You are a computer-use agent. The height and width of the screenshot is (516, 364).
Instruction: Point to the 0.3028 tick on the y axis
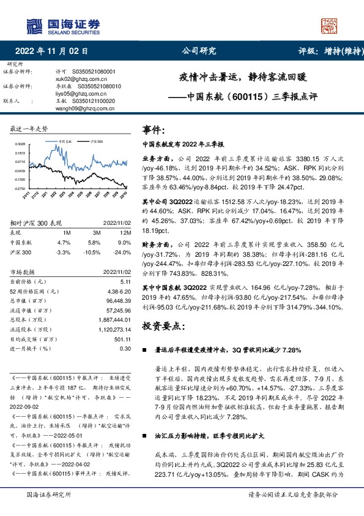click(x=21, y=145)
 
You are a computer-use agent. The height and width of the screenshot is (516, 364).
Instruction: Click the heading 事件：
click(x=154, y=130)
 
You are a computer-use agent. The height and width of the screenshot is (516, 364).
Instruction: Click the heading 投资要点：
click(x=164, y=327)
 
